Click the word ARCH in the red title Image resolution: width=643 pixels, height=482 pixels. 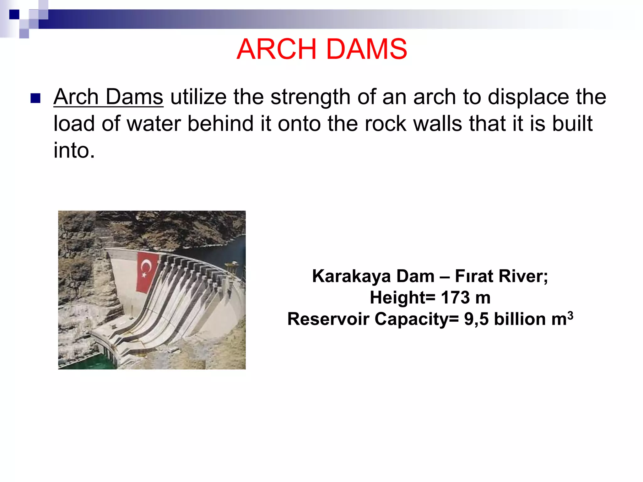coord(276,49)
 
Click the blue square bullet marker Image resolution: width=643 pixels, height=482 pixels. coord(35,98)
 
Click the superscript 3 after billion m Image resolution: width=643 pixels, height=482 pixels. coord(570,315)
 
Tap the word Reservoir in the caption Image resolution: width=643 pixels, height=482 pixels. coord(328,319)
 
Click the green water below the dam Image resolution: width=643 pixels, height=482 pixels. coord(85,361)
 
